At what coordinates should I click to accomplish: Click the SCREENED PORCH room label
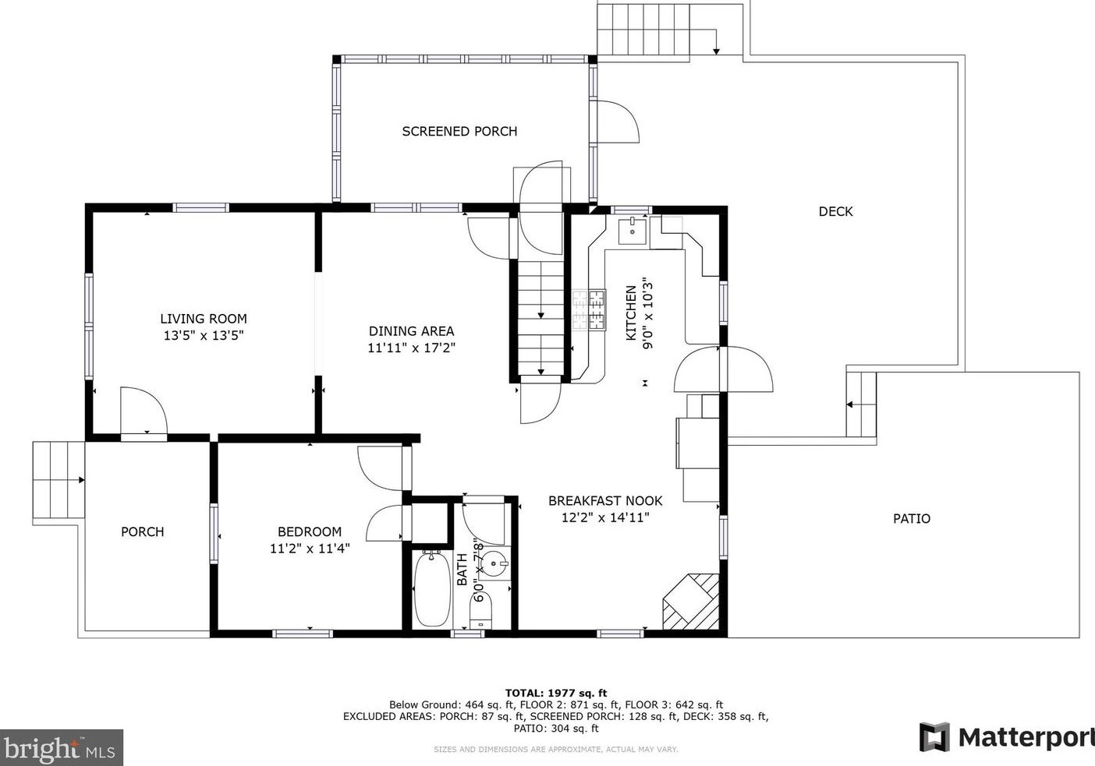click(x=459, y=132)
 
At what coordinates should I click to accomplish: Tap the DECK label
click(x=835, y=211)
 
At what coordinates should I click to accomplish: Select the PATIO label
click(x=911, y=518)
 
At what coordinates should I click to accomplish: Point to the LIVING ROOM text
click(x=204, y=319)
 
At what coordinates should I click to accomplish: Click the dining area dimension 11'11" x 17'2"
click(x=411, y=348)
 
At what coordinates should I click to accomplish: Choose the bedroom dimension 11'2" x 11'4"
click(x=310, y=549)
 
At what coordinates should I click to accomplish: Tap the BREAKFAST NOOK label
click(x=605, y=501)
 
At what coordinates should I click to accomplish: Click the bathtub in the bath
click(x=431, y=588)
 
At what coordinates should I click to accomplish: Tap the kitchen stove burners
click(x=590, y=309)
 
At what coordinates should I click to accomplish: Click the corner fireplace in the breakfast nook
click(x=693, y=602)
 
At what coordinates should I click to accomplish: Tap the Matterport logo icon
click(x=934, y=736)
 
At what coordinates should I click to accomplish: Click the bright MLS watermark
click(x=61, y=748)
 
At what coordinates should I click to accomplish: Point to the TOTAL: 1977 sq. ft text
click(x=555, y=693)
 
